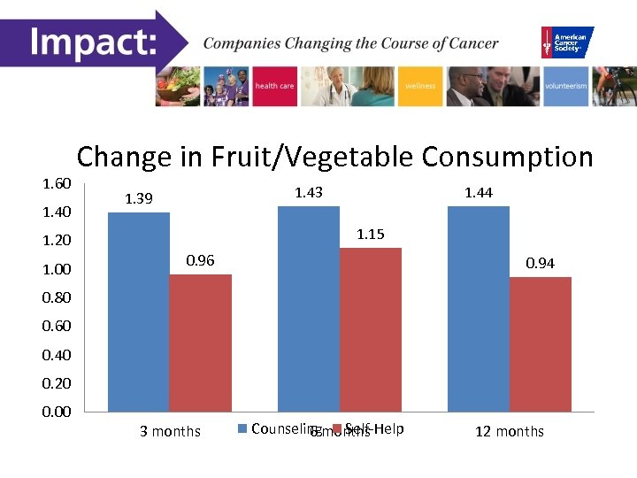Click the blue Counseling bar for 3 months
[x=138, y=312]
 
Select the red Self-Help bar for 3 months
[x=200, y=343]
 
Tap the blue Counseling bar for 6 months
[x=308, y=308]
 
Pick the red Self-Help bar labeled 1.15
[x=370, y=329]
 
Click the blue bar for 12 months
[x=479, y=308]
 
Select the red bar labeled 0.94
[x=540, y=344]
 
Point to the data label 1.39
[x=139, y=199]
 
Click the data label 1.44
[x=479, y=192]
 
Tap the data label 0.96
[x=200, y=261]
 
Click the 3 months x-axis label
[x=170, y=432]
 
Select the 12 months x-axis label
[x=510, y=432]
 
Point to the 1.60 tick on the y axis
[x=57, y=183]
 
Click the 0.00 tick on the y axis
[x=57, y=412]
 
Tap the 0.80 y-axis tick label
[x=57, y=298]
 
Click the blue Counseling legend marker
[x=243, y=429]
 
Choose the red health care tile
[x=274, y=86]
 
